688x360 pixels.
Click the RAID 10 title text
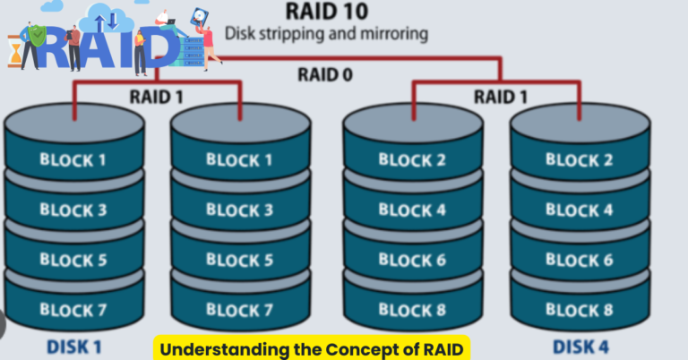click(x=326, y=12)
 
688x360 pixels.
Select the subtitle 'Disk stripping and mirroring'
click(x=326, y=34)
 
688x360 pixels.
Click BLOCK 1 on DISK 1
click(x=73, y=160)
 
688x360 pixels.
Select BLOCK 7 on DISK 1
click(x=73, y=311)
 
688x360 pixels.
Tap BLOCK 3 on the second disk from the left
click(x=239, y=210)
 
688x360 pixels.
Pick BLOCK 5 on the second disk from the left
click(x=239, y=261)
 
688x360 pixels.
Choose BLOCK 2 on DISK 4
click(x=579, y=160)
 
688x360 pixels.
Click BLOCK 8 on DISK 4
click(x=579, y=311)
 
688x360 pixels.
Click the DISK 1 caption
click(x=75, y=345)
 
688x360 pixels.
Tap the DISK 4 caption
click(x=581, y=345)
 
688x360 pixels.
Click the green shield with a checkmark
click(x=35, y=36)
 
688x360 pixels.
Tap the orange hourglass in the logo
click(x=14, y=51)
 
